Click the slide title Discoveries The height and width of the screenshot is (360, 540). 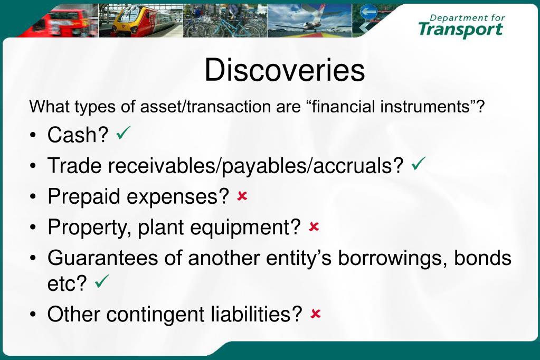pyautogui.click(x=285, y=70)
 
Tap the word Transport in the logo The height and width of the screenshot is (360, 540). pyautogui.click(x=460, y=30)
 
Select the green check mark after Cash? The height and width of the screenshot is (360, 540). pyautogui.click(x=124, y=133)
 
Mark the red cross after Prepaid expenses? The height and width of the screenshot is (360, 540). pyautogui.click(x=242, y=196)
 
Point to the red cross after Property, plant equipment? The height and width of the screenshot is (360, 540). pyautogui.click(x=314, y=227)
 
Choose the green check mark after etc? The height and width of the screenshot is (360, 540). pyautogui.click(x=101, y=283)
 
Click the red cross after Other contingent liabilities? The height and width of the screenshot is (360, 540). pyautogui.click(x=316, y=314)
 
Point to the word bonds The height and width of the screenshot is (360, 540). pyautogui.click(x=482, y=258)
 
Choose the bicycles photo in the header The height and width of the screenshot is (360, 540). pyautogui.click(x=224, y=21)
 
